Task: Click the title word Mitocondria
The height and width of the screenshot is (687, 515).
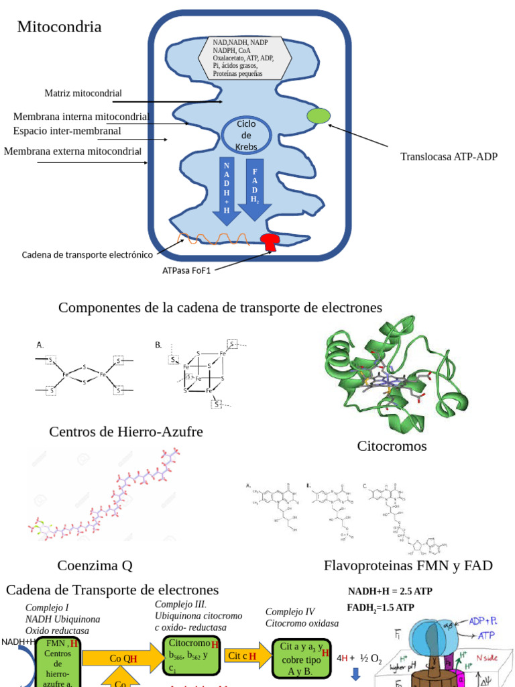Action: click(x=59, y=27)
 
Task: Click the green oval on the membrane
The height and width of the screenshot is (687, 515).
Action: click(x=318, y=115)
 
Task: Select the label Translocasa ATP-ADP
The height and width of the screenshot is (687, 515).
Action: click(x=449, y=156)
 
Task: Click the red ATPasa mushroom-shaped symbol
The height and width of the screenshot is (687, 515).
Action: click(x=271, y=242)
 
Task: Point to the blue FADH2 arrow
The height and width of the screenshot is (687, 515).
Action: click(x=255, y=189)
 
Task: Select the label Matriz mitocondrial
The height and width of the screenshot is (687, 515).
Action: click(x=83, y=93)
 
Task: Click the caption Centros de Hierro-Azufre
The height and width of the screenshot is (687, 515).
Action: click(x=126, y=431)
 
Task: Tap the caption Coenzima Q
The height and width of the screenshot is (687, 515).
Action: click(x=95, y=566)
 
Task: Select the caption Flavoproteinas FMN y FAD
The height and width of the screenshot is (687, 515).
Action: click(x=408, y=566)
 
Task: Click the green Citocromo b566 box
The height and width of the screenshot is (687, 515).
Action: click(x=191, y=655)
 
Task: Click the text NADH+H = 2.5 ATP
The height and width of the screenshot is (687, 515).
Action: click(x=390, y=591)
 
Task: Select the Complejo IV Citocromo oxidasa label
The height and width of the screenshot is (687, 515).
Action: click(x=302, y=617)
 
